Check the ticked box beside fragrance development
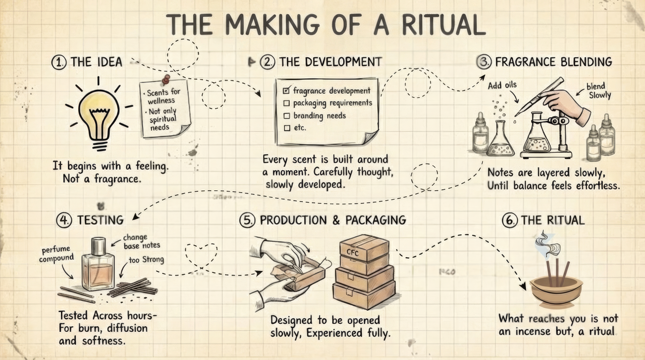coord(287,90)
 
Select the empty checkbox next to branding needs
coord(287,115)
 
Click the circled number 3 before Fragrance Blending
coord(483,62)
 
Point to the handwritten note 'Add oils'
coord(502,85)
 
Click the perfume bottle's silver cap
coord(99,245)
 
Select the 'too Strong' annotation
coord(146,259)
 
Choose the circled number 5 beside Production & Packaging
coord(247,220)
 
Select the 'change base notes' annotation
coord(142,241)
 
